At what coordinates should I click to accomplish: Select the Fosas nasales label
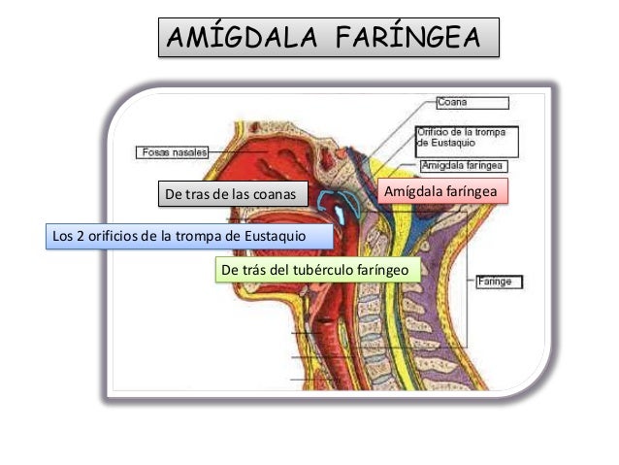pos(171,152)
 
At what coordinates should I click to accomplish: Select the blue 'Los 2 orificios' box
pos(189,236)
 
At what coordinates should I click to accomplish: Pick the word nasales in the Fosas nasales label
pos(188,152)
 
